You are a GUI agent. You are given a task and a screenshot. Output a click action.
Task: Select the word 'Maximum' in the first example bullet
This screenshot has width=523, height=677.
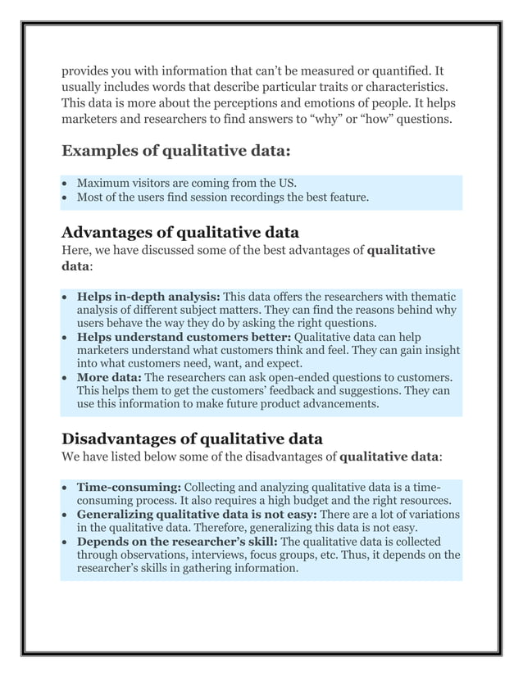click(102, 182)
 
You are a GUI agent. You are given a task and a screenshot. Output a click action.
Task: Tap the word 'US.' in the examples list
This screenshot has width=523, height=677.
click(287, 182)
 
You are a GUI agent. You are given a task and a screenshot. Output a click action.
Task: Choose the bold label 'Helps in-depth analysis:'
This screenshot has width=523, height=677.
click(148, 296)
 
